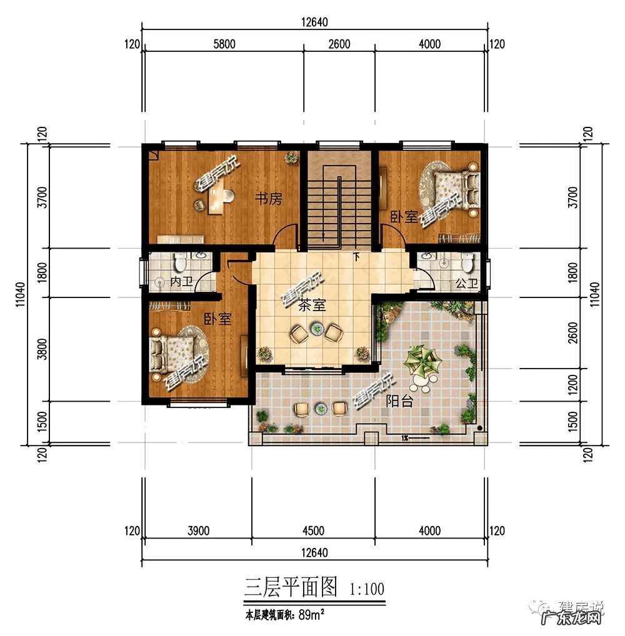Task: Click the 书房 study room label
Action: pyautogui.click(x=268, y=199)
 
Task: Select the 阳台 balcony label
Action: pyautogui.click(x=399, y=402)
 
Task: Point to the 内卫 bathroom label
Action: pyautogui.click(x=182, y=282)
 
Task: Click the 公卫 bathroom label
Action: pyautogui.click(x=466, y=283)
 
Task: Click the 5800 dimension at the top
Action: pyautogui.click(x=224, y=44)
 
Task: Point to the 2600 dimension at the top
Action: pyautogui.click(x=339, y=44)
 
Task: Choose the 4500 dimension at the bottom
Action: pyautogui.click(x=313, y=531)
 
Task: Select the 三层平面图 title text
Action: pyautogui.click(x=291, y=587)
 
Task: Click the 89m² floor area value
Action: pyautogui.click(x=310, y=615)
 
